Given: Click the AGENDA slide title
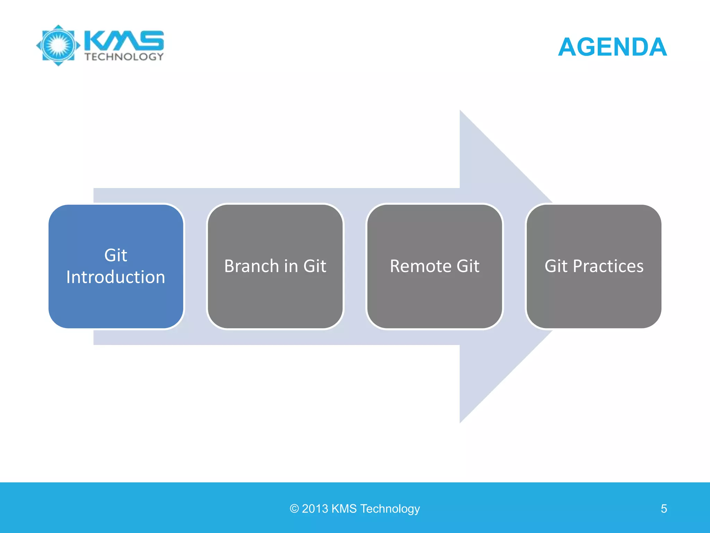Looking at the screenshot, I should coord(612,47).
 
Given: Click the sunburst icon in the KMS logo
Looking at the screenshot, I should coord(58,45).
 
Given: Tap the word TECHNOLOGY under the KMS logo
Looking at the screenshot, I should coord(124,57).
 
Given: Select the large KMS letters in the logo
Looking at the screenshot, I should coord(124,40).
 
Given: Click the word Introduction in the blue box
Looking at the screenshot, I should coord(116,277).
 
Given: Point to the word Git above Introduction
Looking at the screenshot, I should coord(116,255).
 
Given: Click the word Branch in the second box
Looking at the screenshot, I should coord(251,266).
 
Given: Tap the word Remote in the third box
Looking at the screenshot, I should coord(421,266).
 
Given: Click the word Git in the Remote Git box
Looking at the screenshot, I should coord(468,266).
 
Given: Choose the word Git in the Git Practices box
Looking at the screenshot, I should coord(556,266).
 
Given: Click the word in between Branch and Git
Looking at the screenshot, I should coord(291,266).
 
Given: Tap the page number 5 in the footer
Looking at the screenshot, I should coord(664,509).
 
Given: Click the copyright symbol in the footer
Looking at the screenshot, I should coord(294,509).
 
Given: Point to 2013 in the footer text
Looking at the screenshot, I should coord(315,509).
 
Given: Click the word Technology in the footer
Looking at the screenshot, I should coord(390,509).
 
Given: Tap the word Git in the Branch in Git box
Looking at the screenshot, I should coord(314,266).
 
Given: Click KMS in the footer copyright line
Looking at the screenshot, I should coord(344,509).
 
